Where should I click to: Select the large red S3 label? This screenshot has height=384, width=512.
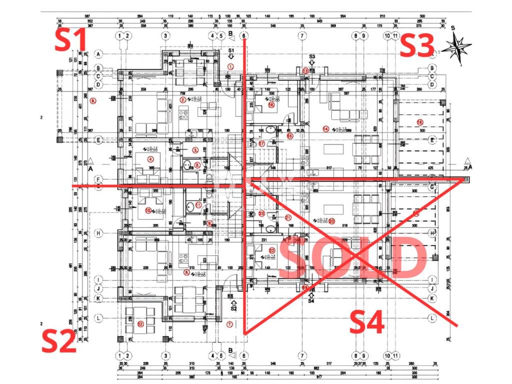click(416, 46)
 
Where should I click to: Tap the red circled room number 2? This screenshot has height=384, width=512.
click(183, 100)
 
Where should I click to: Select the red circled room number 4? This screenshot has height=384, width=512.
click(150, 159)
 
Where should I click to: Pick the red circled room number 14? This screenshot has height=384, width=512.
click(326, 128)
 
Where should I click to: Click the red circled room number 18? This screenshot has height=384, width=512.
click(419, 122)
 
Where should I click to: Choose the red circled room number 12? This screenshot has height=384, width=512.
click(140, 324)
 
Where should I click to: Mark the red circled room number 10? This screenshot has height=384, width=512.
click(148, 210)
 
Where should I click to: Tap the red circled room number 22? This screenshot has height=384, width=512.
click(272, 250)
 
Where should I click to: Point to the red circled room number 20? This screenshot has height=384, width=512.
click(331, 221)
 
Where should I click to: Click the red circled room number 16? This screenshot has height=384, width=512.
click(271, 105)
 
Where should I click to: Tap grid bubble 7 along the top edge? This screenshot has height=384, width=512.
click(301, 35)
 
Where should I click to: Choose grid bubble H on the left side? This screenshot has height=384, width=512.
click(99, 233)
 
